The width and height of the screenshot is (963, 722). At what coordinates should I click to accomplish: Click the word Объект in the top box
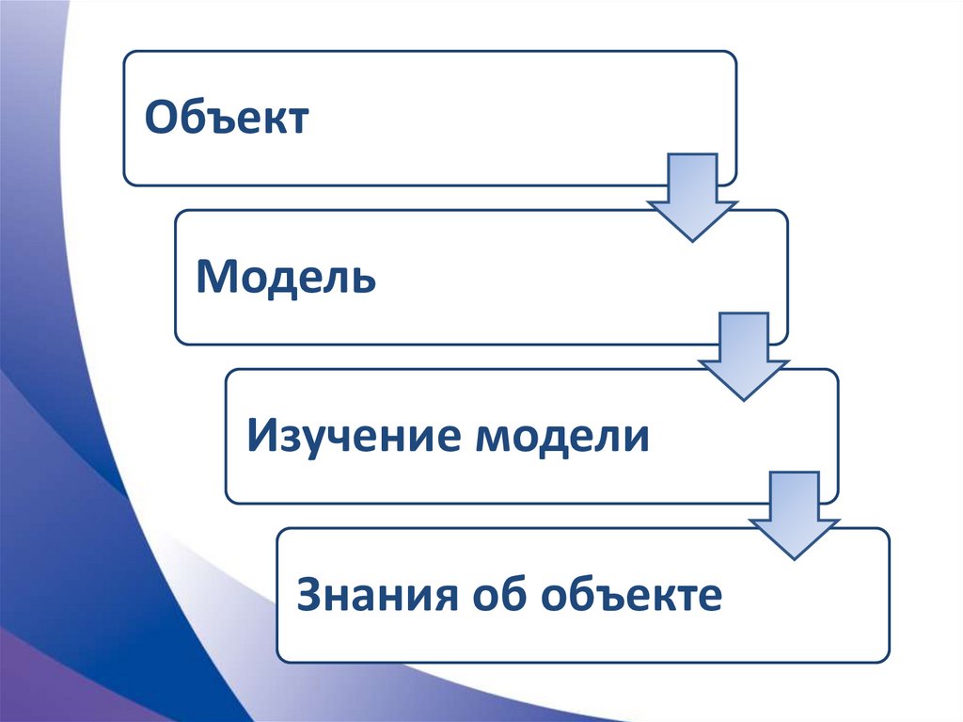[226, 119]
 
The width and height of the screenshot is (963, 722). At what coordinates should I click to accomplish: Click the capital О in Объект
[157, 119]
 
